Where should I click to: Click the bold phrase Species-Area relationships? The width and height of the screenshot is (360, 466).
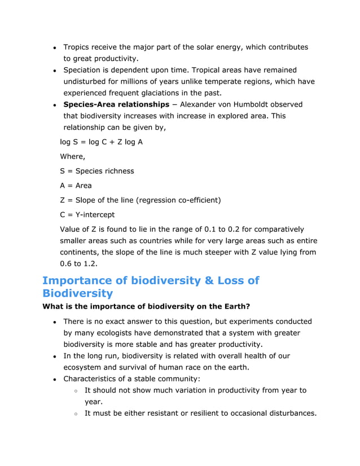pyautogui.click(x=116, y=104)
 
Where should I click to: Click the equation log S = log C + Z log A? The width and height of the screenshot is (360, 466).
pyautogui.click(x=102, y=142)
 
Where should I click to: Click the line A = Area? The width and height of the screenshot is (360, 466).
pyautogui.click(x=76, y=186)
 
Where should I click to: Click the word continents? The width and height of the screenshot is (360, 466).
pyautogui.click(x=79, y=252)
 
